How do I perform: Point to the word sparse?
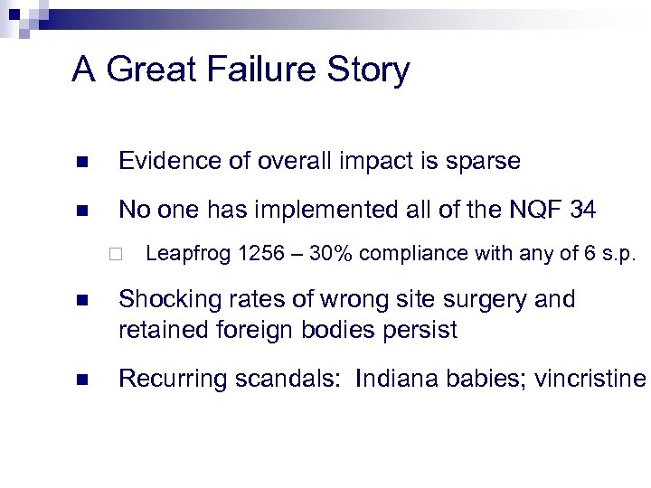click(x=484, y=162)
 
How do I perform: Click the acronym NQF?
click(x=531, y=211)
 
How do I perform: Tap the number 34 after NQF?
click(x=582, y=211)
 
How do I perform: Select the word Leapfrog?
click(x=188, y=254)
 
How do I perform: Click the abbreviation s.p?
click(x=617, y=254)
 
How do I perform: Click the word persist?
click(x=426, y=330)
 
